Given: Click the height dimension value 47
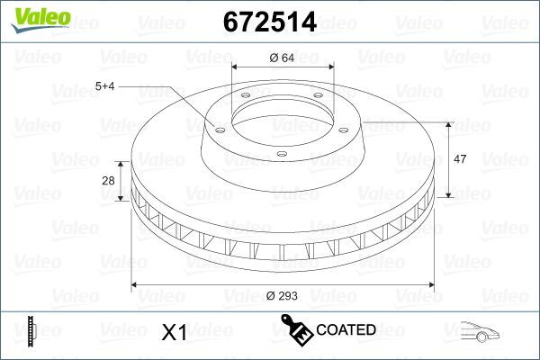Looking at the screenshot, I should pyautogui.click(x=460, y=159).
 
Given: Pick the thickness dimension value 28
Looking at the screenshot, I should pyautogui.click(x=109, y=181).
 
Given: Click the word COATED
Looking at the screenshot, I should pyautogui.click(x=346, y=330).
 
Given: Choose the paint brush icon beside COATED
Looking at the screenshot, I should pyautogui.click(x=296, y=330).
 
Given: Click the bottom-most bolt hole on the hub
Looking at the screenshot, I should pyautogui.click(x=281, y=155).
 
